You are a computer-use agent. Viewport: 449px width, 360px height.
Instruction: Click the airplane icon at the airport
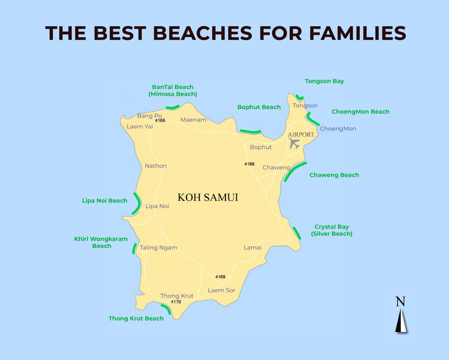click(x=294, y=143)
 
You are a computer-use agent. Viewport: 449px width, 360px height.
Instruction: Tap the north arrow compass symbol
click(x=401, y=316)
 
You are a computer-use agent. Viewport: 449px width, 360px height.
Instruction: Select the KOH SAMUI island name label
click(x=208, y=197)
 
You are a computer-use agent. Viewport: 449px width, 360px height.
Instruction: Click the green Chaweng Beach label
click(x=334, y=175)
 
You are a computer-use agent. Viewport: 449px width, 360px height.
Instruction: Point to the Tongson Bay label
click(x=324, y=81)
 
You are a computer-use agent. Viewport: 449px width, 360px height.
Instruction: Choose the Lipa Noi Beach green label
click(x=104, y=201)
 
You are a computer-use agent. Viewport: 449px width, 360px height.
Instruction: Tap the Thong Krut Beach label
click(x=136, y=318)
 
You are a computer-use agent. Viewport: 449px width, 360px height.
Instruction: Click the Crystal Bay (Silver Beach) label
click(x=332, y=230)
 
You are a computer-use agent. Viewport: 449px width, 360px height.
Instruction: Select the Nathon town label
click(x=156, y=166)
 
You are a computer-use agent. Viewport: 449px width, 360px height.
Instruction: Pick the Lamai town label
click(x=252, y=247)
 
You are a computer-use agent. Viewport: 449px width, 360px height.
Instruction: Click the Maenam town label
click(x=193, y=120)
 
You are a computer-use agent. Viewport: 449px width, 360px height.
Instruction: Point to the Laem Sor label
click(x=222, y=290)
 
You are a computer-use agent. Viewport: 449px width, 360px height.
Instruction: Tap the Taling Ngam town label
click(x=158, y=247)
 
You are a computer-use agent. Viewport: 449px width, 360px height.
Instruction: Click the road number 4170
click(x=175, y=302)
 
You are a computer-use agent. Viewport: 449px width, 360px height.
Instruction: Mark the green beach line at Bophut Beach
click(x=250, y=131)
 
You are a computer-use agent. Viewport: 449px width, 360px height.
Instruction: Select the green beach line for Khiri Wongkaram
click(x=134, y=248)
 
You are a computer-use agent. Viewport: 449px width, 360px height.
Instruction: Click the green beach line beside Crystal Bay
click(x=297, y=233)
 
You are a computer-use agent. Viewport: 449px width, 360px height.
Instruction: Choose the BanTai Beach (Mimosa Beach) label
click(x=172, y=91)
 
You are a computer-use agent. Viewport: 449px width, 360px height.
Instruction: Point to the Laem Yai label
click(x=140, y=126)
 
